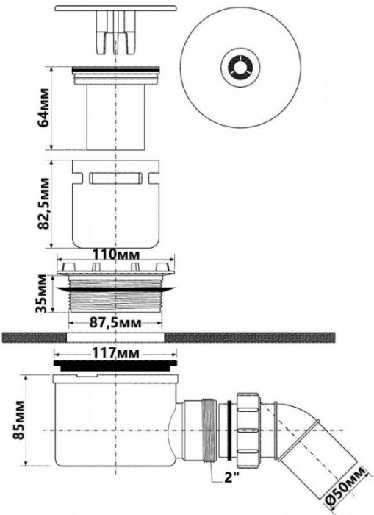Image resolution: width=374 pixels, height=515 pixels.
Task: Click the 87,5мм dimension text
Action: (116, 322)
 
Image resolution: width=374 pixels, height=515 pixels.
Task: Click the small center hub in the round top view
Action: (237, 67)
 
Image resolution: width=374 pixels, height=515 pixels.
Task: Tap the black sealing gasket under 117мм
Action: (116, 364)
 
